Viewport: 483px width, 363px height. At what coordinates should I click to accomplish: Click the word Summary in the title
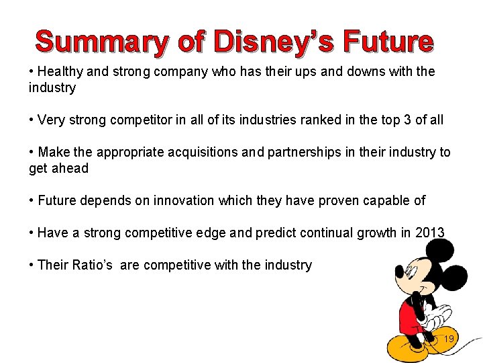(x=101, y=42)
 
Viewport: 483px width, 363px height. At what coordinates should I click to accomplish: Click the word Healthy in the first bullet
(x=61, y=71)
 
